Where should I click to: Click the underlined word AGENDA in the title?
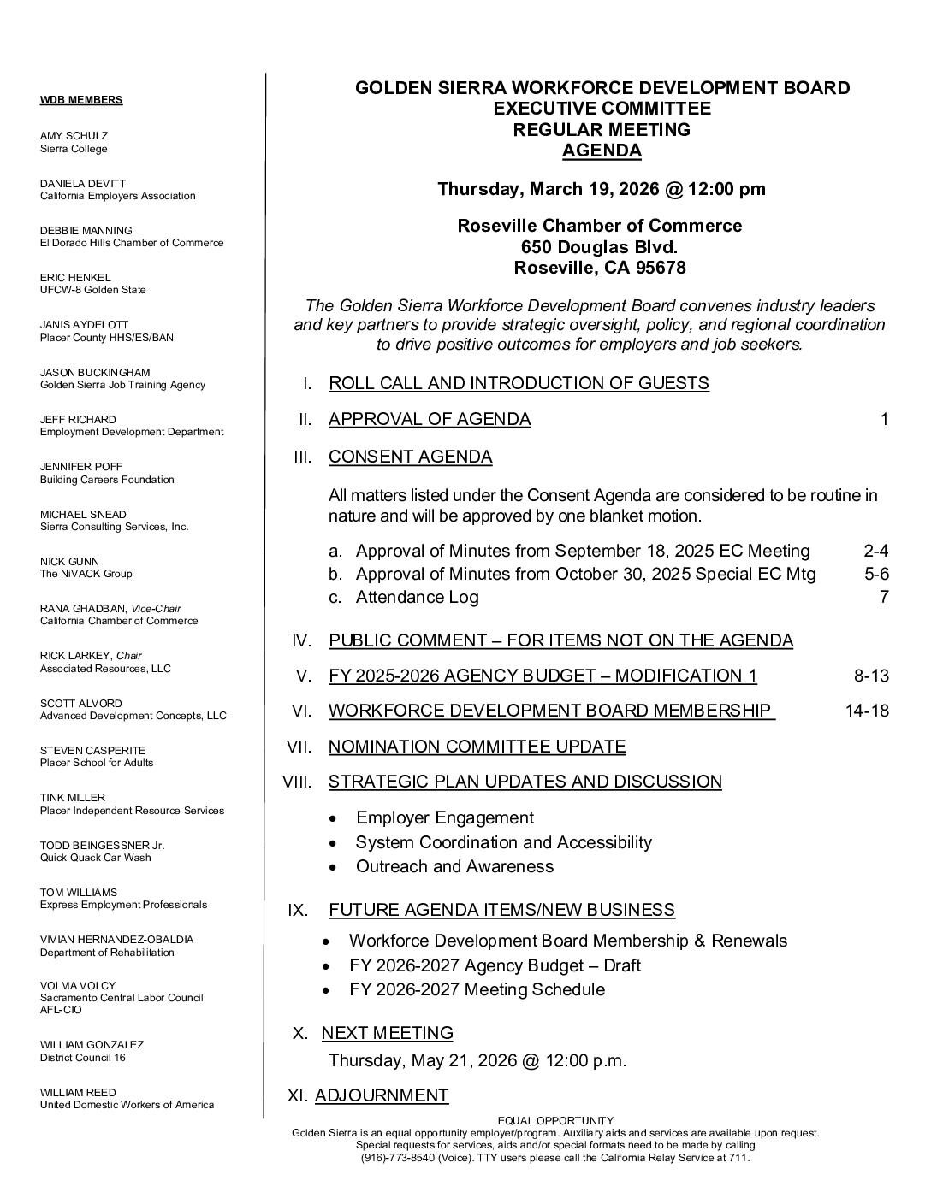click(602, 151)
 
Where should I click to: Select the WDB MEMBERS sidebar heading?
click(81, 100)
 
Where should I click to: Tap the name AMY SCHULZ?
click(74, 136)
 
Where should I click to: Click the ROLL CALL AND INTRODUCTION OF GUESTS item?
click(519, 383)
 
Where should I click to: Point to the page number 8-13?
click(871, 676)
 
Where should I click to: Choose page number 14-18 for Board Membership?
click(867, 711)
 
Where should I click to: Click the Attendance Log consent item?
click(417, 598)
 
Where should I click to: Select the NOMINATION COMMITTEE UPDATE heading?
click(477, 747)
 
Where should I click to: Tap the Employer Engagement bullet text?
click(445, 818)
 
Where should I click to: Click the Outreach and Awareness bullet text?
click(454, 866)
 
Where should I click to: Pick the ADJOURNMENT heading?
click(382, 1095)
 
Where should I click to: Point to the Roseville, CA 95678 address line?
click(600, 269)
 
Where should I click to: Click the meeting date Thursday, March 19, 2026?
click(546, 189)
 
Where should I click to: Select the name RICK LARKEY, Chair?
click(91, 656)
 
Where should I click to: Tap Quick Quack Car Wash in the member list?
click(96, 858)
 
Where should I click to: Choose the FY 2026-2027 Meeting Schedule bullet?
click(477, 990)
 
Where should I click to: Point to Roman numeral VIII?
click(298, 782)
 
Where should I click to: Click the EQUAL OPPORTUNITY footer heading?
click(555, 1121)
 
